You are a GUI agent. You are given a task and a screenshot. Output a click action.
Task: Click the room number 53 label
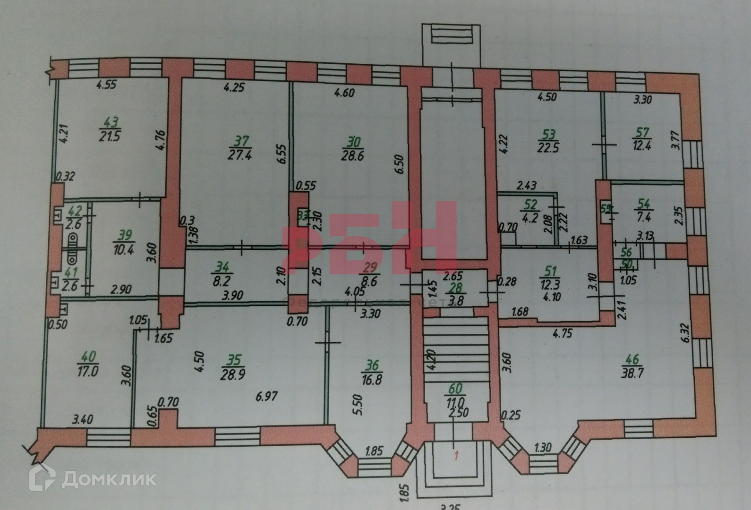(549, 135)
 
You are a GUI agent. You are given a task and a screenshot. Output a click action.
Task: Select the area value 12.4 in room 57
(643, 145)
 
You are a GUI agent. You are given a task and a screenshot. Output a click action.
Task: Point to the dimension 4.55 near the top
(107, 85)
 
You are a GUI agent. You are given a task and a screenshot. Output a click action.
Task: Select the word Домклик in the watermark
(110, 479)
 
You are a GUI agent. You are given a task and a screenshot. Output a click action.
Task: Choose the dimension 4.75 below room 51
(563, 333)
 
